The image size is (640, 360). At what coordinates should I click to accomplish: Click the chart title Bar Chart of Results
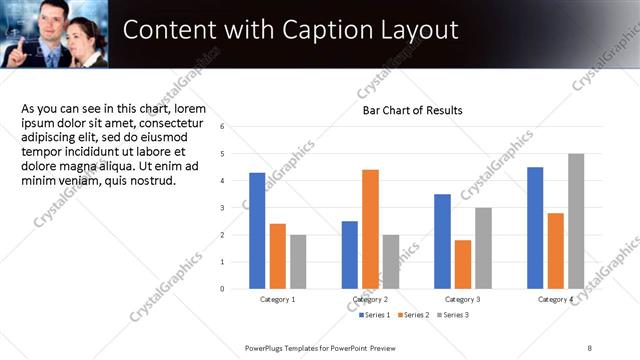412,110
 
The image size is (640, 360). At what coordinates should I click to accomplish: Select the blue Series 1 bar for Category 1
257,230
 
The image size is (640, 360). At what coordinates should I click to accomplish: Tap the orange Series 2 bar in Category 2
370,228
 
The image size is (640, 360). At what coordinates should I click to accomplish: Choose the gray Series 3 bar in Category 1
299,261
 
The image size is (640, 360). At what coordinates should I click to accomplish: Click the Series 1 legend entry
375,315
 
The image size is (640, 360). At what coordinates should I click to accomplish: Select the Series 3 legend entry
451,315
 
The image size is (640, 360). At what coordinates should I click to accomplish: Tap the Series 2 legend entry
413,315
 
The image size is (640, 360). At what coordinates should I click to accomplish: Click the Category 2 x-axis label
370,299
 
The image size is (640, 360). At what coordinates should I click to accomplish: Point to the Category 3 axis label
462,299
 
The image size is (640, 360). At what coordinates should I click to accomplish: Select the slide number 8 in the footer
590,347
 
